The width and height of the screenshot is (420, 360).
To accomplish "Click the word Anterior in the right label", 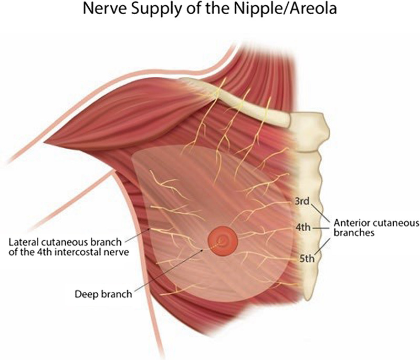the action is click(349, 223).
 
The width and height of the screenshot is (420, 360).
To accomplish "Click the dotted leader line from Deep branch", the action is click(173, 268).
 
